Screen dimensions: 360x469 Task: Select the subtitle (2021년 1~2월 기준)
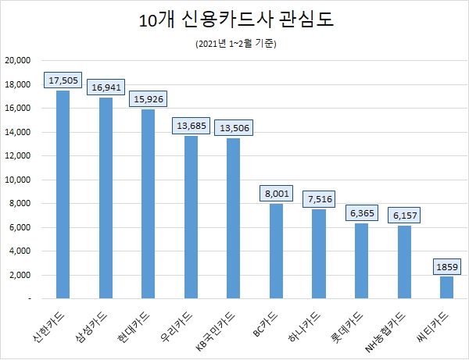(235, 45)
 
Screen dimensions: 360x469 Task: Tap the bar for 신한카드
(63, 195)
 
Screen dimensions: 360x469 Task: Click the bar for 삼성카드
(106, 198)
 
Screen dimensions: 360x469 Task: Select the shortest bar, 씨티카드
(446, 287)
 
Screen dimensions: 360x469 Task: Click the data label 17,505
(64, 80)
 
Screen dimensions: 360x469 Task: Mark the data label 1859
(447, 267)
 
